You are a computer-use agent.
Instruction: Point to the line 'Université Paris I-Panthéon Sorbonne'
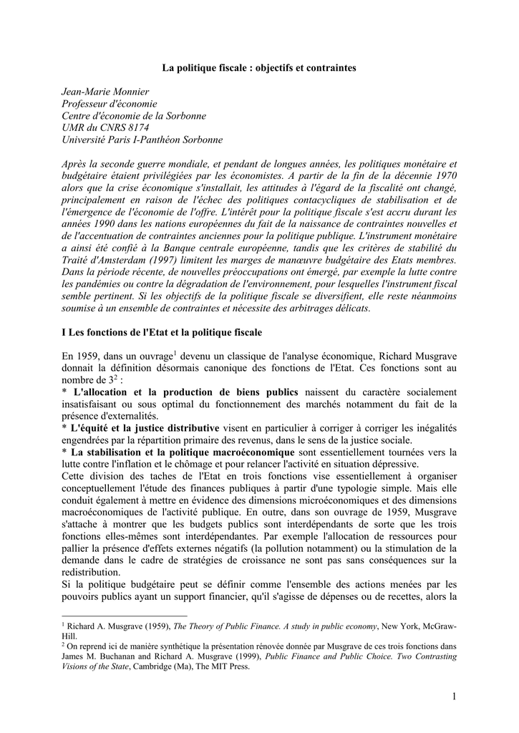(x=142, y=139)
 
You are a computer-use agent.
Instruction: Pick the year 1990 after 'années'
(x=99, y=224)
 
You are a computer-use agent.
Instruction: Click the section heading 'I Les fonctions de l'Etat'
(x=163, y=333)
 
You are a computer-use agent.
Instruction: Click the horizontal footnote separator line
(x=125, y=615)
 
